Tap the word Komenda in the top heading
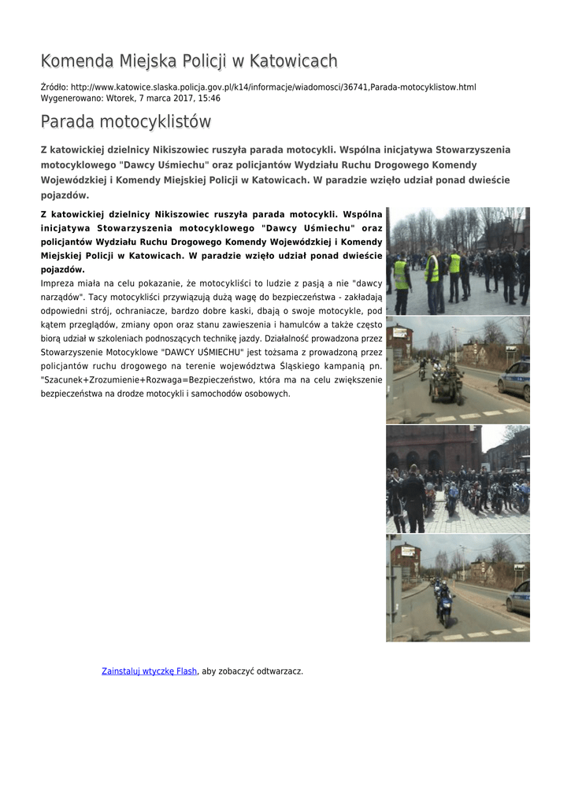point(76,61)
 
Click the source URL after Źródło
point(273,87)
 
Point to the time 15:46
point(208,98)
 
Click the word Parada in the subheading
point(66,122)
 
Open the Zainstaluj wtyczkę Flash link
point(149,671)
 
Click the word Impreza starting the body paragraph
point(60,283)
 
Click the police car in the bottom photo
point(520,599)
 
